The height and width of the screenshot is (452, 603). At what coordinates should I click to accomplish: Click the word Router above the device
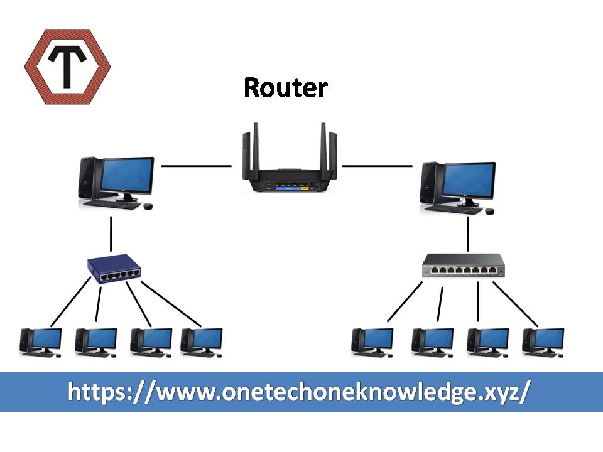point(286,88)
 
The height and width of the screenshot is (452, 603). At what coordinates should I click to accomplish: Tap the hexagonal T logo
point(67,67)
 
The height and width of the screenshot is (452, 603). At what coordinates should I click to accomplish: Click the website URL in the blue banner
point(300,392)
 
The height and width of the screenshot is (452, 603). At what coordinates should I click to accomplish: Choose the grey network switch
point(464,266)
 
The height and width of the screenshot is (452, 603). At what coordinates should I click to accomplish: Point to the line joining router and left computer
point(197,166)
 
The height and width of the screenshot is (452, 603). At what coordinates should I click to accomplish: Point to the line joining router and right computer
point(378,166)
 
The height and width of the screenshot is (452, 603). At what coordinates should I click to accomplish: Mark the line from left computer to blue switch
point(111,234)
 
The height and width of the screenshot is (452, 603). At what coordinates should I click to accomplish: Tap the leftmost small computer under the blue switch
point(41,342)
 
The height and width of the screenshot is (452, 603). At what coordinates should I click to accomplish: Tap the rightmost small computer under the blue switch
point(202,342)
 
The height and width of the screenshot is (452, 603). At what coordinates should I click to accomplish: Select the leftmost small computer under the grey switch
point(373,342)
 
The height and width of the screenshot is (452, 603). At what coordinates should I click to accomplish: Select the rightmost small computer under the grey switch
point(544,342)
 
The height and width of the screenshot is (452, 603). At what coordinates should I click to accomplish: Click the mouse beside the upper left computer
point(148,206)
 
